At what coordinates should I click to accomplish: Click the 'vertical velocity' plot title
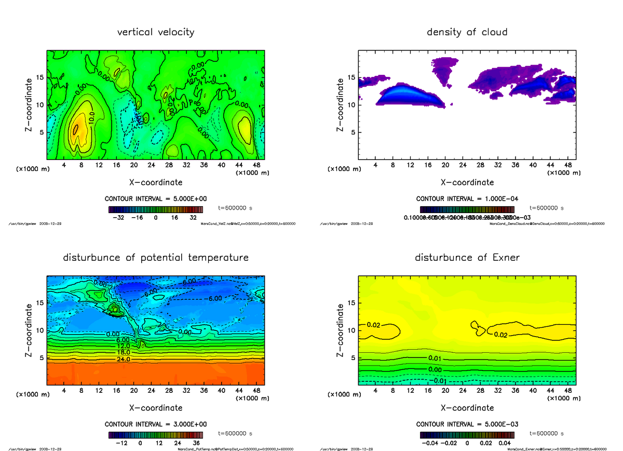[156, 32]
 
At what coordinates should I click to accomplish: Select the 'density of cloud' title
[467, 32]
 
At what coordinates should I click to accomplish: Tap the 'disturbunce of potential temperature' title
[156, 258]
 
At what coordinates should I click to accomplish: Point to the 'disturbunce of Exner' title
[467, 258]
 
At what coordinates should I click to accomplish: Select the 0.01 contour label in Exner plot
[435, 359]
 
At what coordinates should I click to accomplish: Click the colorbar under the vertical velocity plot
[155, 209]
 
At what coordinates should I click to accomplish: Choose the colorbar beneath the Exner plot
[467, 435]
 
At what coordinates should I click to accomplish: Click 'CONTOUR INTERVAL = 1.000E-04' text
[467, 199]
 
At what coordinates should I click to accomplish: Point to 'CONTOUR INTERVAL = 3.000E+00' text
[156, 424]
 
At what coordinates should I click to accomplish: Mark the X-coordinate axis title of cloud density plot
[467, 182]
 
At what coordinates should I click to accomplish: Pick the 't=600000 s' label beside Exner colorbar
[546, 433]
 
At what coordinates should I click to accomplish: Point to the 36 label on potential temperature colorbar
[198, 443]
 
